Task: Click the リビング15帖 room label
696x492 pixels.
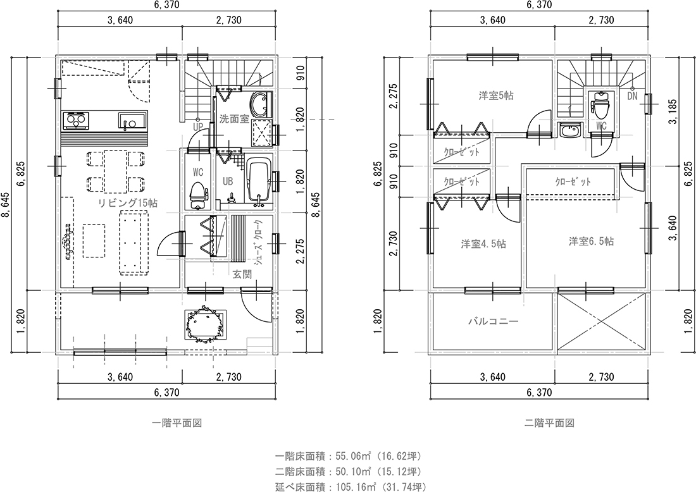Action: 128,203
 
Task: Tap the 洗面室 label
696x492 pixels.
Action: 234,119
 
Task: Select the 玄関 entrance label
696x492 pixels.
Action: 242,274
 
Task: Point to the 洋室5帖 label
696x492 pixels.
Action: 496,95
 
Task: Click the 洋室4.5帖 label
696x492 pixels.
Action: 483,244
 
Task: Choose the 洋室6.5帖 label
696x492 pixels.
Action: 592,242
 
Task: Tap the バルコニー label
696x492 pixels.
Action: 494,321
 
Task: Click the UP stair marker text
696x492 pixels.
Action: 198,126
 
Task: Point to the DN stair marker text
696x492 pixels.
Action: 633,96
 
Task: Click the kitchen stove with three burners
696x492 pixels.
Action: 75,120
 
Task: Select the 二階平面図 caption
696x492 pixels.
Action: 549,423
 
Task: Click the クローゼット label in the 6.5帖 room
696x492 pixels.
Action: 573,182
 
